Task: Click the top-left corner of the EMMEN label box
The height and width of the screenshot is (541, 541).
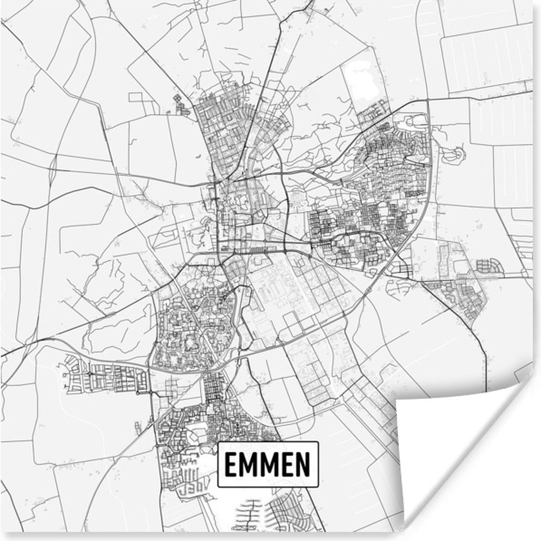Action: click(x=218, y=442)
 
